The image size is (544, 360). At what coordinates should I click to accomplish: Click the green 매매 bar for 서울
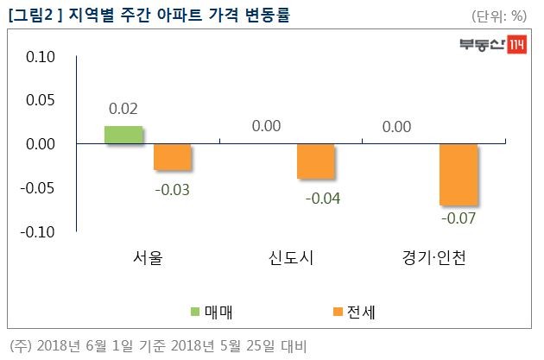(x=123, y=135)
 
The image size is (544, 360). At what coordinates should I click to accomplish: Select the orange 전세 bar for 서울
(x=173, y=157)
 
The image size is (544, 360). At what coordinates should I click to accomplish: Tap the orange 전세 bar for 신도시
(x=315, y=161)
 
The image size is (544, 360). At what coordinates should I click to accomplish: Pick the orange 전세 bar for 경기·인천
(x=458, y=175)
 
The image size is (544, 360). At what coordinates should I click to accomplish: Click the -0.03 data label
(x=174, y=189)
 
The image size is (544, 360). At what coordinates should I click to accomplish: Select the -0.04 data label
(x=324, y=199)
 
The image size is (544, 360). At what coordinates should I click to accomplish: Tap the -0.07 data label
(x=459, y=218)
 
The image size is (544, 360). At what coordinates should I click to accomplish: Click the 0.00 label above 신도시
(x=266, y=127)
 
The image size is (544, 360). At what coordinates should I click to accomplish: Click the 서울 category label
(x=148, y=258)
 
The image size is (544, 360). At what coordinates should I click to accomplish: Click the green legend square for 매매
(x=196, y=311)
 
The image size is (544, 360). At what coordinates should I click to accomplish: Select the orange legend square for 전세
(x=338, y=311)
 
